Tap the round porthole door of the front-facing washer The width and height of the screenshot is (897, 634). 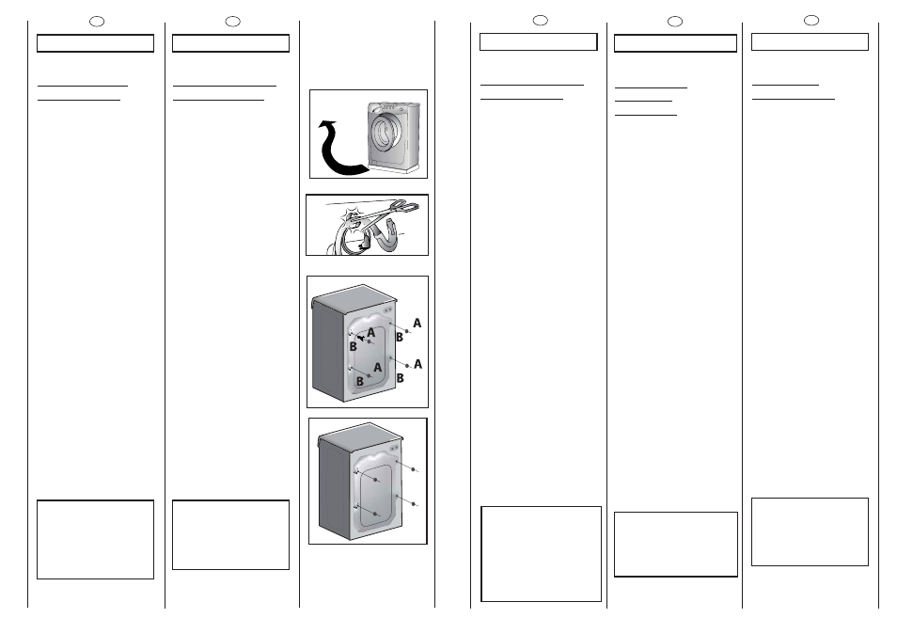click(x=383, y=133)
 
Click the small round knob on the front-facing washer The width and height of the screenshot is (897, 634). click(x=402, y=109)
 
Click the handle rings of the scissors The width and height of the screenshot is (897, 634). click(x=402, y=206)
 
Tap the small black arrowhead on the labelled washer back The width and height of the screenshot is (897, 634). click(x=360, y=339)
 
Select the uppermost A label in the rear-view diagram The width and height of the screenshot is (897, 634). click(x=417, y=324)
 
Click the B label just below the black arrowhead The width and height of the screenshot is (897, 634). click(x=353, y=347)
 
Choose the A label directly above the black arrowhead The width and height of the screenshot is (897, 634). click(x=370, y=332)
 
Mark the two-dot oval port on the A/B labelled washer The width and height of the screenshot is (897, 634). click(x=388, y=310)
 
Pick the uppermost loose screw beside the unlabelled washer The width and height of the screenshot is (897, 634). click(x=414, y=469)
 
